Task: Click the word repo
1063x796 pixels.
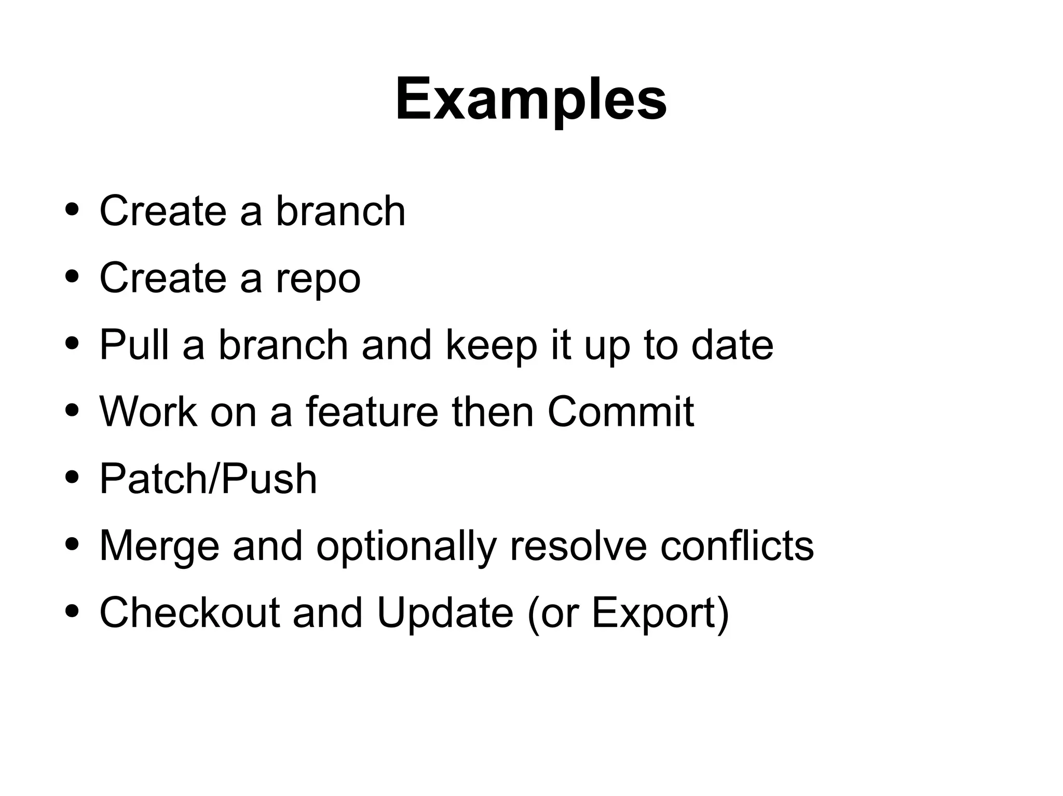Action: tap(318, 278)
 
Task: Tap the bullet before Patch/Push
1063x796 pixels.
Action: tap(73, 477)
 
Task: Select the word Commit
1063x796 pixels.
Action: tap(620, 412)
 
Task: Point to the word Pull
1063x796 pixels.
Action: tap(134, 345)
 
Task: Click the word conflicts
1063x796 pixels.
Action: tap(737, 546)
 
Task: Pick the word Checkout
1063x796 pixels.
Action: tap(189, 612)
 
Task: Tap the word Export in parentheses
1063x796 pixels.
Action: tap(654, 613)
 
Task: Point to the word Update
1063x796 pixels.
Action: tap(445, 613)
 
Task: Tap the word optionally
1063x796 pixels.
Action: tap(406, 547)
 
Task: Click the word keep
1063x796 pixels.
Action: tap(491, 346)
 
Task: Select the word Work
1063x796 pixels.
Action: tap(148, 412)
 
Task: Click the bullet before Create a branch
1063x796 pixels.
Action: tap(73, 210)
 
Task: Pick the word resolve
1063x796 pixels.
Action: tap(578, 546)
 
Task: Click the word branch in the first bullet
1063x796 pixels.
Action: tap(340, 211)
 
